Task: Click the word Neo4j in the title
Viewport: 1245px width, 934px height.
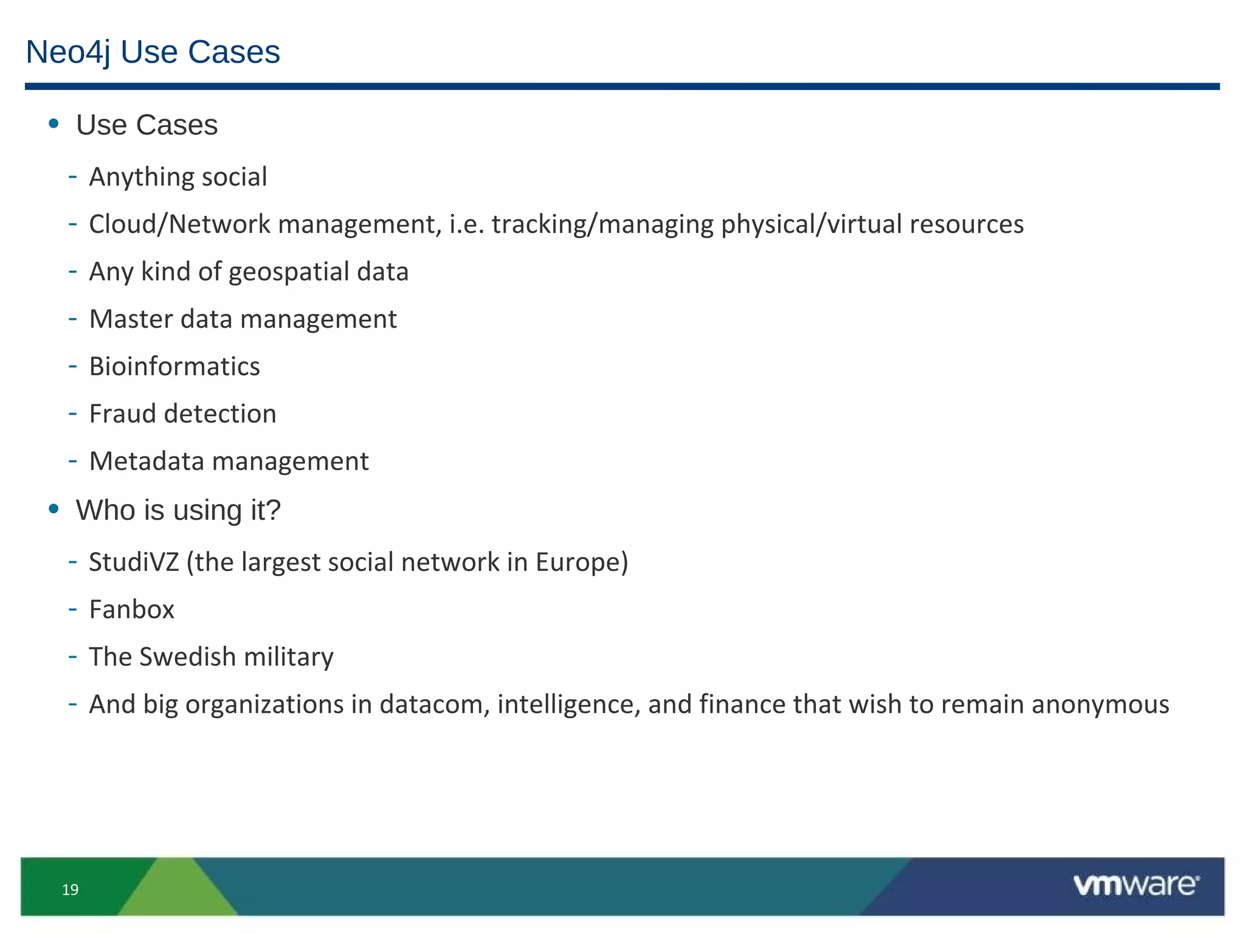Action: [x=68, y=52]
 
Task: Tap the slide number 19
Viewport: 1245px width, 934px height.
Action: [x=71, y=890]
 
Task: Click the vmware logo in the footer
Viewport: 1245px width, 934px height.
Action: [x=1136, y=885]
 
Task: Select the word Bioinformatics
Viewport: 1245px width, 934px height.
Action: [x=174, y=367]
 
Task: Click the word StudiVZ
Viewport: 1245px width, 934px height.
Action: [x=134, y=562]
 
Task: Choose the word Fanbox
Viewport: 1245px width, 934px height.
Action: [x=131, y=610]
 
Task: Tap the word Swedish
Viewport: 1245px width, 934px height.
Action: [x=187, y=657]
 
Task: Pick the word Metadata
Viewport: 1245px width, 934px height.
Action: [x=147, y=462]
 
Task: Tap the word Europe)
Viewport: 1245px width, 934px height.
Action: [x=581, y=562]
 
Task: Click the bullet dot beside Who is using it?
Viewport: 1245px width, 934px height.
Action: [x=54, y=509]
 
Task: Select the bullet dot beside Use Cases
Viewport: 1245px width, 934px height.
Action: [x=54, y=124]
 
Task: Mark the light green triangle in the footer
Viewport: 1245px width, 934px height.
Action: [x=178, y=891]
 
